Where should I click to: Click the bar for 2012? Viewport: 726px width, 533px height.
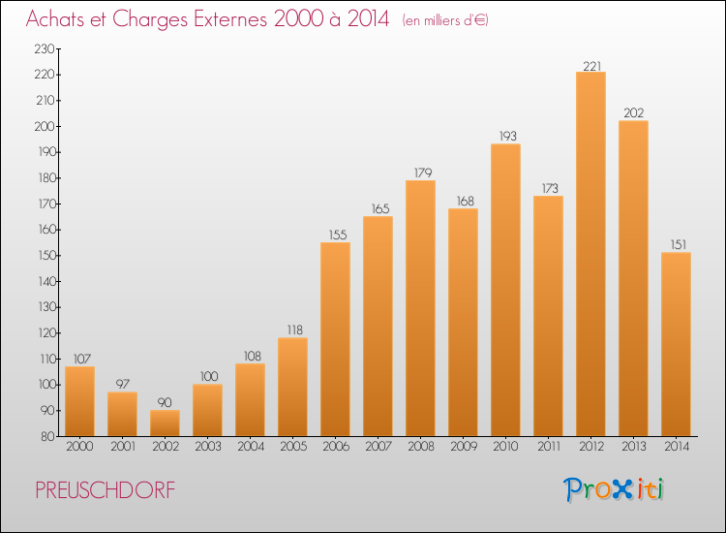[x=590, y=254]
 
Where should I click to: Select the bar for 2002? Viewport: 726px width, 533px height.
[x=165, y=423]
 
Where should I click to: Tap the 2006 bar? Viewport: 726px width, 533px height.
[x=335, y=339]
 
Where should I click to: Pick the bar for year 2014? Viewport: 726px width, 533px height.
[x=676, y=344]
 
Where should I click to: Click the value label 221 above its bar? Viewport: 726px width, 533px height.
[x=591, y=66]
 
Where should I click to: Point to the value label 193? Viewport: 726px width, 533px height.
[x=507, y=137]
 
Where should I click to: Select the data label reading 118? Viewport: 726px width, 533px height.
[x=295, y=330]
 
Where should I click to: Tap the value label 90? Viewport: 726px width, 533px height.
[x=165, y=403]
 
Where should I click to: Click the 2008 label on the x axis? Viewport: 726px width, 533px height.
[x=421, y=447]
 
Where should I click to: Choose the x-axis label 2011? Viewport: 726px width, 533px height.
[x=549, y=447]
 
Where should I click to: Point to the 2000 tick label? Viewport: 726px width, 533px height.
[x=79, y=447]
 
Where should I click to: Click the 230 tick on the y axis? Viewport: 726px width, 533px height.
[x=45, y=49]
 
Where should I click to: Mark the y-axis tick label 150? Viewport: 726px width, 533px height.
[x=45, y=256]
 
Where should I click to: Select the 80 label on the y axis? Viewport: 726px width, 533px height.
[x=47, y=437]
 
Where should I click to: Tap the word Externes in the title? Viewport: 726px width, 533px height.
[x=230, y=19]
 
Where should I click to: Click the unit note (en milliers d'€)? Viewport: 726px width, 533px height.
[x=445, y=20]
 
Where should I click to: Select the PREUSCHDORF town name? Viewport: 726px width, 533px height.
[x=106, y=490]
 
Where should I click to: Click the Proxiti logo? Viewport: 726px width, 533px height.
[x=614, y=489]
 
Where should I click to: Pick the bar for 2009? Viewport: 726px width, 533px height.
[x=463, y=323]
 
